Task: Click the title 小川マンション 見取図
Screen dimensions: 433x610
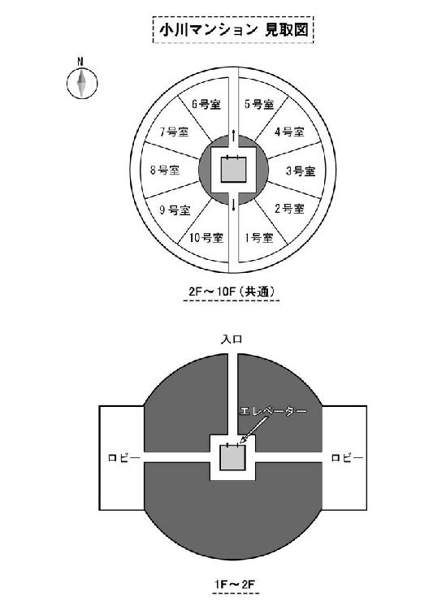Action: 233,30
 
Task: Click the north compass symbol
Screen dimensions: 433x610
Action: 82,83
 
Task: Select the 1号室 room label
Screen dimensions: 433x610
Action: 259,237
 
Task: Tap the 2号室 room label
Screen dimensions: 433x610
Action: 289,209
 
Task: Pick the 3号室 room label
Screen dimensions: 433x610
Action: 301,171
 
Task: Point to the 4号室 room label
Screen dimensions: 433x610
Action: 289,132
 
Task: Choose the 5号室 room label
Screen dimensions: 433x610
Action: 259,104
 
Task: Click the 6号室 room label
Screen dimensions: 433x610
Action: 206,104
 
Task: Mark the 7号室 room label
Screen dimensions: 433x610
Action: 174,132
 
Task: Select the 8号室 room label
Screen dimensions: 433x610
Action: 165,170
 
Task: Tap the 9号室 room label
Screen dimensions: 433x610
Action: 175,210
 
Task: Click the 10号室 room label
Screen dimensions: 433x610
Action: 206,237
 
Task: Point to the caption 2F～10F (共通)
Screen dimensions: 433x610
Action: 232,292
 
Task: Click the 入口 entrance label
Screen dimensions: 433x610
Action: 232,340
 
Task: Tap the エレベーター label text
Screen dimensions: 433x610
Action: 273,411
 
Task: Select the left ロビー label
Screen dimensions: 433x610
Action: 124,458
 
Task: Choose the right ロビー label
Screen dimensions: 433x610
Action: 347,458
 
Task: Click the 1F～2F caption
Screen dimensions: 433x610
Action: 235,584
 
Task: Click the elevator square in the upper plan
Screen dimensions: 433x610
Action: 233,170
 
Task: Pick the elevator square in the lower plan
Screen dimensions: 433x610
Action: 233,457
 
